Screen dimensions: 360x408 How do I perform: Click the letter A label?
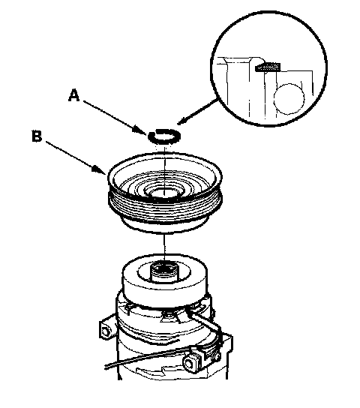pos(73,95)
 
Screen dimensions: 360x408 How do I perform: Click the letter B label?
pos(37,136)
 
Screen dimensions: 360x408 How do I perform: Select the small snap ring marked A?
pos(164,136)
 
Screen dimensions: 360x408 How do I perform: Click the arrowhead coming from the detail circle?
pos(182,121)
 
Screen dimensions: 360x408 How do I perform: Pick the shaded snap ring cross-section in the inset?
pos(268,67)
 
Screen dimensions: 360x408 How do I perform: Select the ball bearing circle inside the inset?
pos(289,99)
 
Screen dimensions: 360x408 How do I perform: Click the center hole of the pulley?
pos(164,193)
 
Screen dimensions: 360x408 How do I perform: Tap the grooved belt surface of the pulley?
pos(165,208)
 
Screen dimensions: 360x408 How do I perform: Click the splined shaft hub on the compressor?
pos(163,272)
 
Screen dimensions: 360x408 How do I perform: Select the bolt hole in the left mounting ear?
pos(106,332)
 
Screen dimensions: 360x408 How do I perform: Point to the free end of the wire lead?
pos(106,367)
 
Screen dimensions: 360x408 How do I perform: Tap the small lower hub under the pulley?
pos(165,227)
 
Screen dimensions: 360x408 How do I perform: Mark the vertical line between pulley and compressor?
pos(164,247)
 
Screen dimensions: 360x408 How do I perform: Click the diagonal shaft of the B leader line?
pos(70,154)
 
